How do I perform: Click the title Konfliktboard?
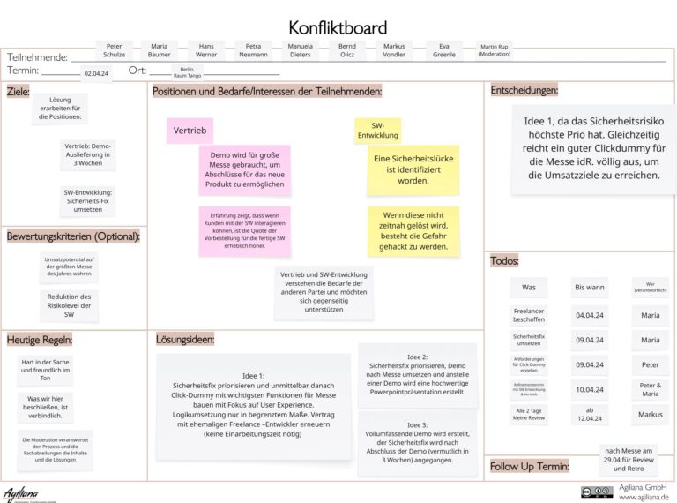click(x=338, y=28)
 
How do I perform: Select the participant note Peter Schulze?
click(x=115, y=50)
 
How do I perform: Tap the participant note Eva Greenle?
click(x=444, y=50)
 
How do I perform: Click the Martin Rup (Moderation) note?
click(x=494, y=50)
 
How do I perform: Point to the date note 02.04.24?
click(x=96, y=74)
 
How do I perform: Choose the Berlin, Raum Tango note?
click(x=187, y=71)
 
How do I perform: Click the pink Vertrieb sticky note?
click(x=190, y=131)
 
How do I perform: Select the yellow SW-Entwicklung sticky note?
click(x=378, y=131)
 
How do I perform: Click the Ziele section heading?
click(x=19, y=91)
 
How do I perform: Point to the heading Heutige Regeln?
click(x=39, y=340)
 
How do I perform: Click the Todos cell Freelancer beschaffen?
click(x=529, y=315)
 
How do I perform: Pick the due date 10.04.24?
click(x=589, y=389)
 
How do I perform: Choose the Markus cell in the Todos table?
click(x=650, y=414)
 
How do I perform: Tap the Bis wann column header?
click(x=589, y=287)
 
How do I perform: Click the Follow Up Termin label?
click(x=529, y=467)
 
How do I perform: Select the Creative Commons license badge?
click(x=597, y=492)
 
